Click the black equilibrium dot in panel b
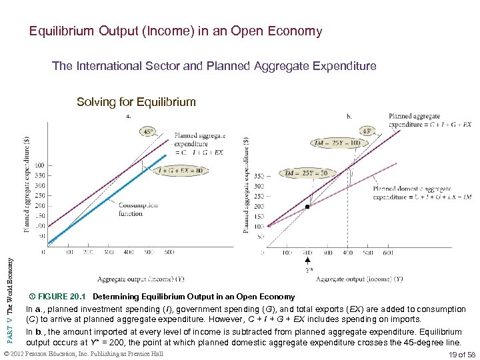click(307, 207)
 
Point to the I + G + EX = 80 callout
click(180, 170)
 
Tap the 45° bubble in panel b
click(368, 131)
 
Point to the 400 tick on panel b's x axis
click(347, 253)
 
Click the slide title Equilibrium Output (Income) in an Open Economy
click(175, 31)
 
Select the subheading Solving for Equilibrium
click(136, 102)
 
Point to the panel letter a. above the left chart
click(129, 117)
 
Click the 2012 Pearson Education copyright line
click(83, 353)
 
